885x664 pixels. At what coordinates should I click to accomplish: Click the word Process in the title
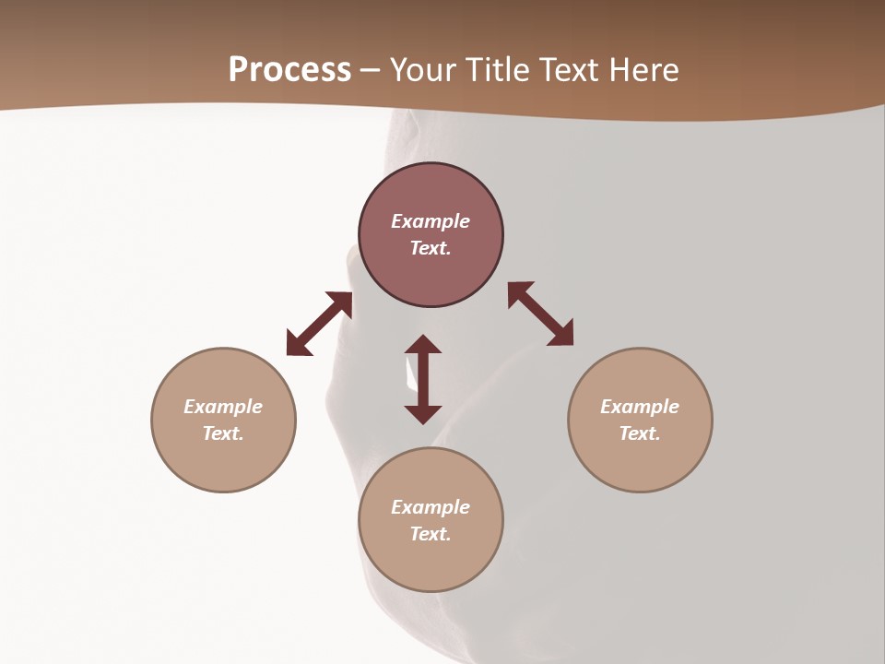[289, 70]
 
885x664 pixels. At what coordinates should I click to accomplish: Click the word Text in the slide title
[572, 70]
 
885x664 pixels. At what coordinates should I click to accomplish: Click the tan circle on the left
[223, 461]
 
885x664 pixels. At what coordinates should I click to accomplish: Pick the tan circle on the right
[640, 461]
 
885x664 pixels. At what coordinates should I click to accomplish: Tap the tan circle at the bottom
[431, 563]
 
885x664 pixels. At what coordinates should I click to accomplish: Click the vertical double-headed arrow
[423, 379]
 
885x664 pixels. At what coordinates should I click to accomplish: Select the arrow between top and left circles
[319, 324]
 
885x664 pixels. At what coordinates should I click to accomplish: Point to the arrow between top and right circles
[540, 314]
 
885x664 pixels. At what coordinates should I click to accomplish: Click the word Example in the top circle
[431, 221]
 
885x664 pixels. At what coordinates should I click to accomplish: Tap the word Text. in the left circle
[223, 433]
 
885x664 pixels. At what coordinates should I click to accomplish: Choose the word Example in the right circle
[640, 407]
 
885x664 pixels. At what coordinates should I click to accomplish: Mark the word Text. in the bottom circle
[431, 534]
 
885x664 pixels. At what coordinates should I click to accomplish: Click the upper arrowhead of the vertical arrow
[423, 345]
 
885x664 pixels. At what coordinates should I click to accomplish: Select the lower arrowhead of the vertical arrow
[423, 413]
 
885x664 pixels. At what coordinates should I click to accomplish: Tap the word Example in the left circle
[223, 407]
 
